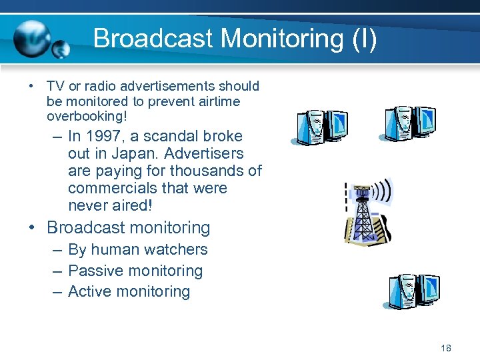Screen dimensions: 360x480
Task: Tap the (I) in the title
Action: coord(362,38)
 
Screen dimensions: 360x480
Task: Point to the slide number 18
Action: coord(446,348)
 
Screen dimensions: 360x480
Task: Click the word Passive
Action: coord(96,271)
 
